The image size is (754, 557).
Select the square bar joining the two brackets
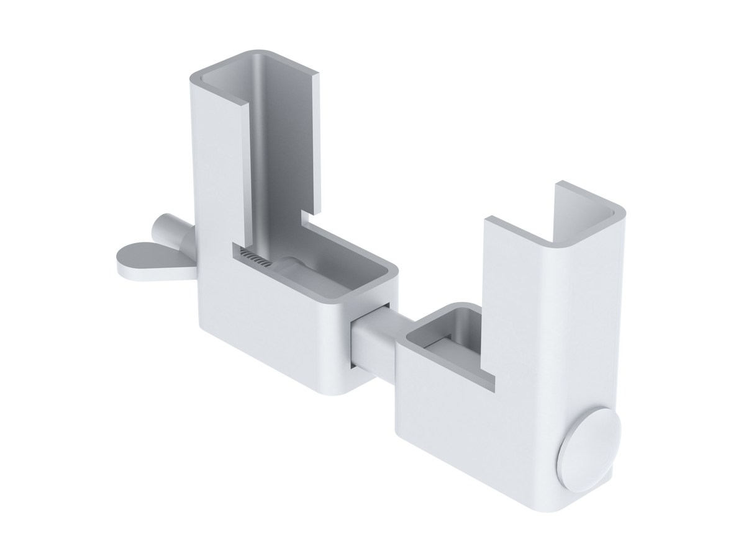click(373, 338)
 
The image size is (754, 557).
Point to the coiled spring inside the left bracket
click(256, 260)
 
